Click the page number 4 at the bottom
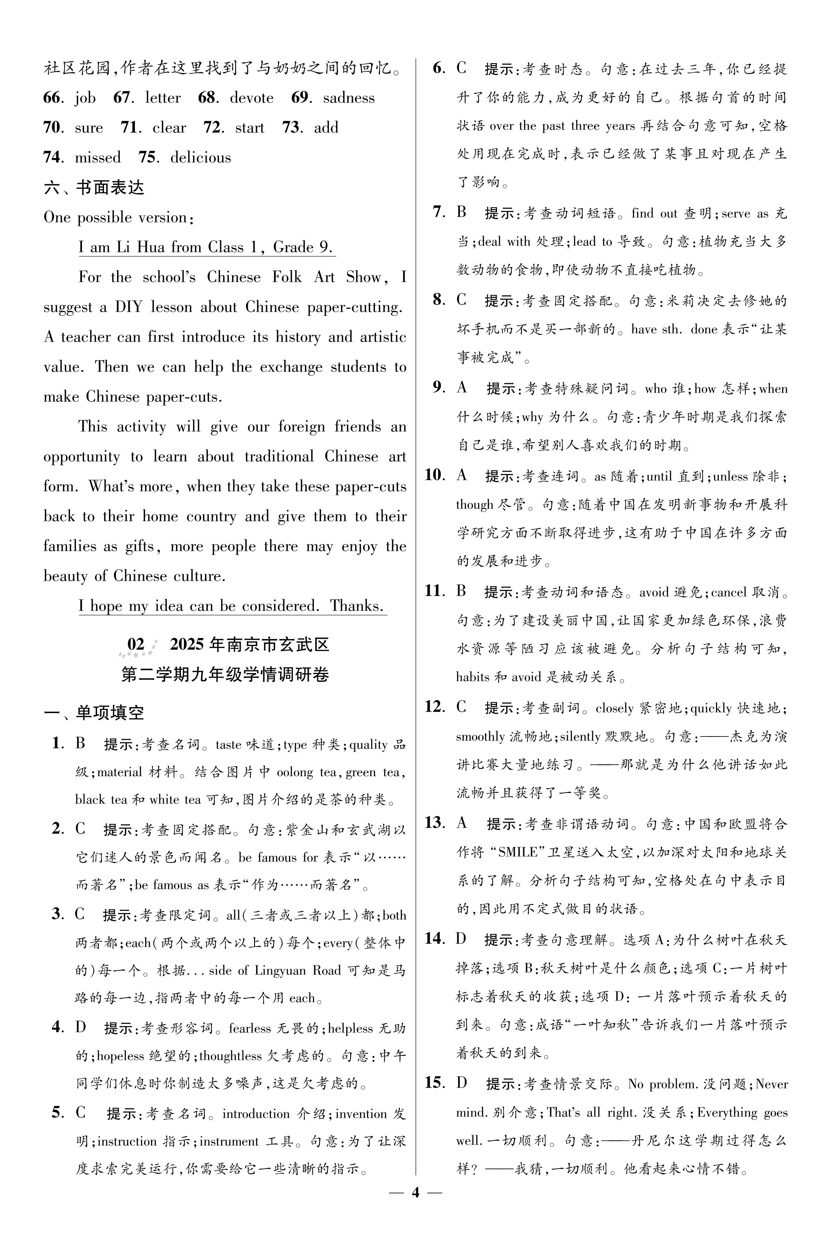click(x=415, y=1207)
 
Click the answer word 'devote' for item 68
click(x=252, y=98)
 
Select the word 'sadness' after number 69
click(x=349, y=98)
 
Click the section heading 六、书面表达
click(x=94, y=188)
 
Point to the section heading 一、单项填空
click(x=94, y=712)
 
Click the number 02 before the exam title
click(x=136, y=644)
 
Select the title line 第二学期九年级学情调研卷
click(x=225, y=674)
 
